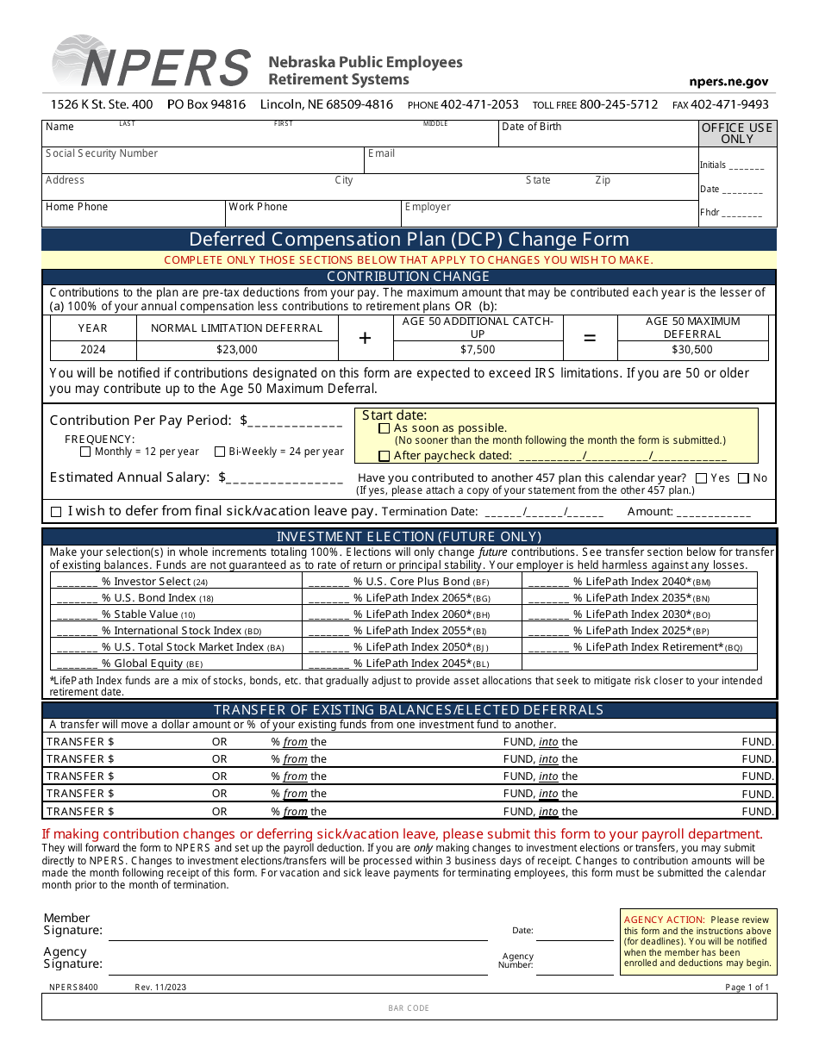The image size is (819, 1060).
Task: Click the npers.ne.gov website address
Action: pos(728,82)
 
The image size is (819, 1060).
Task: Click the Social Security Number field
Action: pos(203,161)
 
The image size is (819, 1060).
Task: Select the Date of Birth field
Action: pos(598,134)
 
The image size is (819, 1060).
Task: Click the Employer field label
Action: pos(428,207)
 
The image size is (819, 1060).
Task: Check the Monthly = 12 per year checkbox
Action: pos(85,452)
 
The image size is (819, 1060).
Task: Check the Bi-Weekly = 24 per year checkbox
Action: pos(220,452)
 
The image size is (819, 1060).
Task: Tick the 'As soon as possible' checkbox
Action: pos(384,428)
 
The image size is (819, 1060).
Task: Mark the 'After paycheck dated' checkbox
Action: pos(384,456)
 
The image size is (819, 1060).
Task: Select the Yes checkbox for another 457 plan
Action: pos(701,478)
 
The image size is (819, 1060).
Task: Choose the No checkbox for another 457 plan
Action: pos(743,478)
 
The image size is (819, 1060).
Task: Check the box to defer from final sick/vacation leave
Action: pos(56,512)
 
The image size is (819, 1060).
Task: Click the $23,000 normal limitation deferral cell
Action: pos(237,350)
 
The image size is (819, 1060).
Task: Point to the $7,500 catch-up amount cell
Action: pos(478,350)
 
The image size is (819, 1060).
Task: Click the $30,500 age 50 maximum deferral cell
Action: pos(692,350)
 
